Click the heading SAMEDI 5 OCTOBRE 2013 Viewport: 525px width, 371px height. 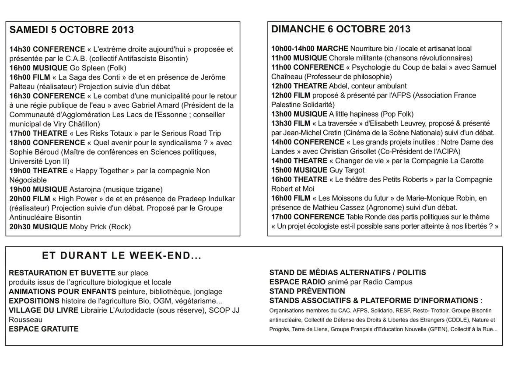pos(72,30)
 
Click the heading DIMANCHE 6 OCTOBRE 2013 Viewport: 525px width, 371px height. pos(341,29)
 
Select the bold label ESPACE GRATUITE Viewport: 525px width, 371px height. pos(44,329)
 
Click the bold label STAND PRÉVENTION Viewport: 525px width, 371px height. pos(307,291)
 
